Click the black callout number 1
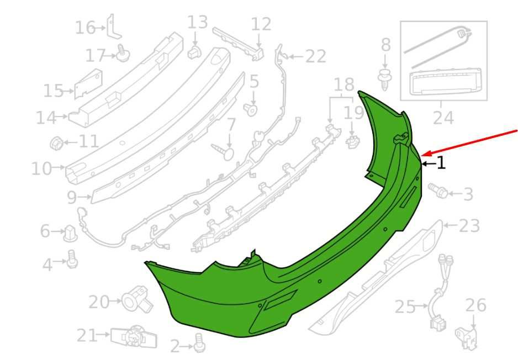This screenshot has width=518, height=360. pos(441,163)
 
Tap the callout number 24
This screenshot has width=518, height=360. pos(443,118)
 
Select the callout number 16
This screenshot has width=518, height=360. pos(85,28)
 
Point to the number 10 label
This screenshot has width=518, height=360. pos(41,168)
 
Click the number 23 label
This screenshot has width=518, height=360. pos(469,226)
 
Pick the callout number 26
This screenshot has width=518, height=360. pos(475,305)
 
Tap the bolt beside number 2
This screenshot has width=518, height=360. pos(199,342)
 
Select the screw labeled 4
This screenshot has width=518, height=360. pos(72,260)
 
